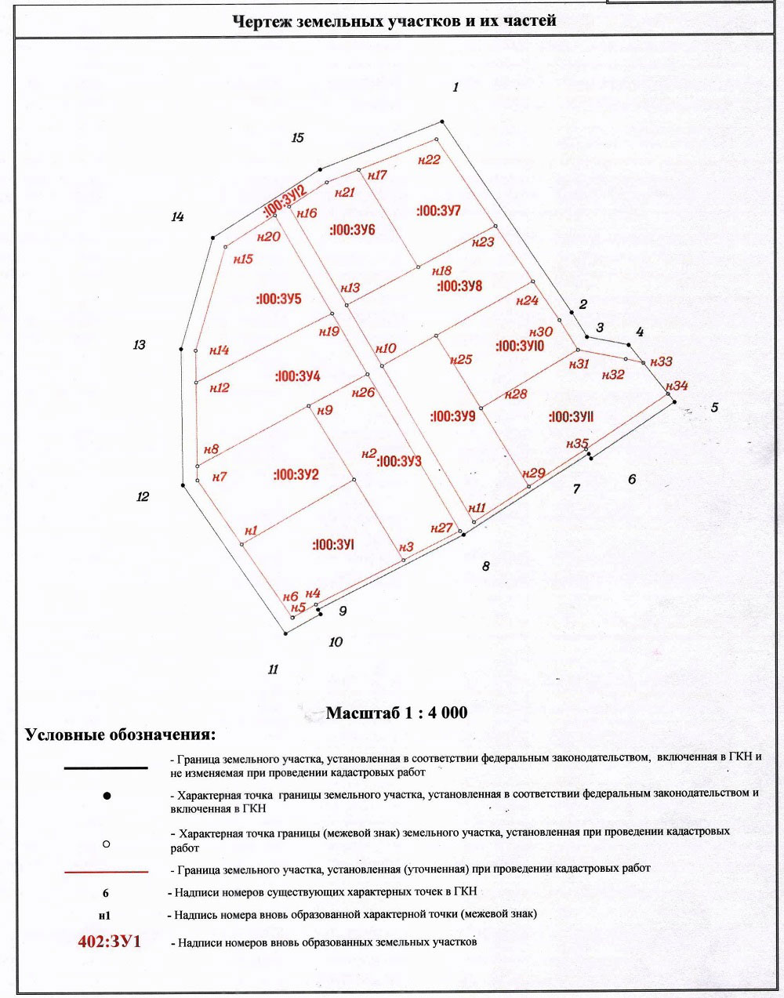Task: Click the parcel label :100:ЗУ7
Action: point(438,211)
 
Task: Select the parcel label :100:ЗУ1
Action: point(333,544)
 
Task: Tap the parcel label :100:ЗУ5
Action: point(278,299)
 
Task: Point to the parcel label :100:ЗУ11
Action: point(571,417)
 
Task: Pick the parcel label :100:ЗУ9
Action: point(453,416)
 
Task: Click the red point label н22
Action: point(429,159)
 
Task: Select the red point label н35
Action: point(577,444)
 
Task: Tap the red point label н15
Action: point(244,259)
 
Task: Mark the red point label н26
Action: point(363,392)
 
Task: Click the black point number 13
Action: point(140,344)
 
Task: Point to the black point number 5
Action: point(714,408)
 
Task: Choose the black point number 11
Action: point(273,670)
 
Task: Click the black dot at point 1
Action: point(442,121)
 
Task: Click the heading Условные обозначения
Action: point(120,735)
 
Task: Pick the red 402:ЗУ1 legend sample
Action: point(109,941)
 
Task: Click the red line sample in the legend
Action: point(106,872)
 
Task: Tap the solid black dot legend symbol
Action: point(107,797)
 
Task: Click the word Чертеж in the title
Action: point(261,21)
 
